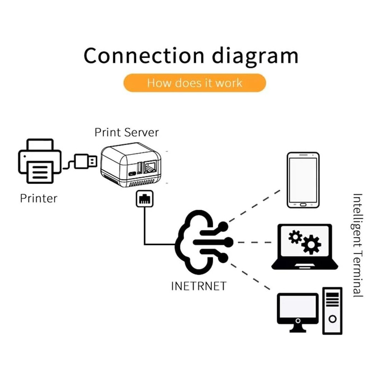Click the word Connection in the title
tap(144, 56)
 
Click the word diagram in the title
tap(255, 57)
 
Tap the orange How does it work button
tap(195, 83)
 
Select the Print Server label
tap(127, 132)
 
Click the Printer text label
tap(38, 198)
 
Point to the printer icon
tap(40, 161)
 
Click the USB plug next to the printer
tap(85, 161)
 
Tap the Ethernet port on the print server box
tap(150, 167)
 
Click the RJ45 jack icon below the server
tap(145, 199)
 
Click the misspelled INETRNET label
tap(199, 286)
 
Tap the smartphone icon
tap(303, 180)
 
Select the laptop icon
tap(305, 247)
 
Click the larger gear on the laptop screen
tap(311, 244)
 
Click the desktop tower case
tap(333, 311)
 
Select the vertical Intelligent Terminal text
tap(358, 246)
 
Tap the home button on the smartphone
tap(303, 205)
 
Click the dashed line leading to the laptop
tap(254, 242)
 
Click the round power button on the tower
tap(333, 319)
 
